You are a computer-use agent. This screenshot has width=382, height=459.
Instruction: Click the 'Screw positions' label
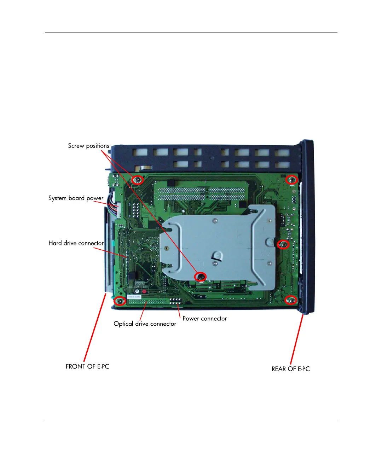point(88,146)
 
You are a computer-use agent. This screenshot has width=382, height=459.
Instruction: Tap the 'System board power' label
point(76,198)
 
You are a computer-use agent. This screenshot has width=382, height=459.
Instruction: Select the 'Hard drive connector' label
point(76,243)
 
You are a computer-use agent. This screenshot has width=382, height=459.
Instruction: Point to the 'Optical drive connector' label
point(145,324)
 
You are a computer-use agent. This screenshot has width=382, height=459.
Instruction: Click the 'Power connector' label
point(204,318)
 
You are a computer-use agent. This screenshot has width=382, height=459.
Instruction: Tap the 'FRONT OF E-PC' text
point(87,366)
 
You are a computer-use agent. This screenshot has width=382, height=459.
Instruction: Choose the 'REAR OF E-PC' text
point(290,369)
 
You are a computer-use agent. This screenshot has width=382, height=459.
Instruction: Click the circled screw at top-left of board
point(138,180)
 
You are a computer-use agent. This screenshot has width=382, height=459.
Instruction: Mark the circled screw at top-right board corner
point(291,180)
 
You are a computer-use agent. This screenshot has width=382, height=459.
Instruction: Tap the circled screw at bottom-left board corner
point(120,301)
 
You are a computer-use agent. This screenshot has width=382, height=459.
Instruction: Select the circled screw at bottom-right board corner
point(291,301)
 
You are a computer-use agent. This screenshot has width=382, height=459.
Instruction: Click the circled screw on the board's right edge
point(283,244)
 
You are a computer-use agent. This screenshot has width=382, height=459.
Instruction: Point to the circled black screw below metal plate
point(201,277)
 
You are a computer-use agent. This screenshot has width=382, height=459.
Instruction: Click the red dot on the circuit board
point(144,291)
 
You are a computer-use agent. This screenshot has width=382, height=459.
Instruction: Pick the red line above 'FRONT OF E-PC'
point(95,327)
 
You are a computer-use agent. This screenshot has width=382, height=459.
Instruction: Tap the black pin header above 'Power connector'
point(175,301)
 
